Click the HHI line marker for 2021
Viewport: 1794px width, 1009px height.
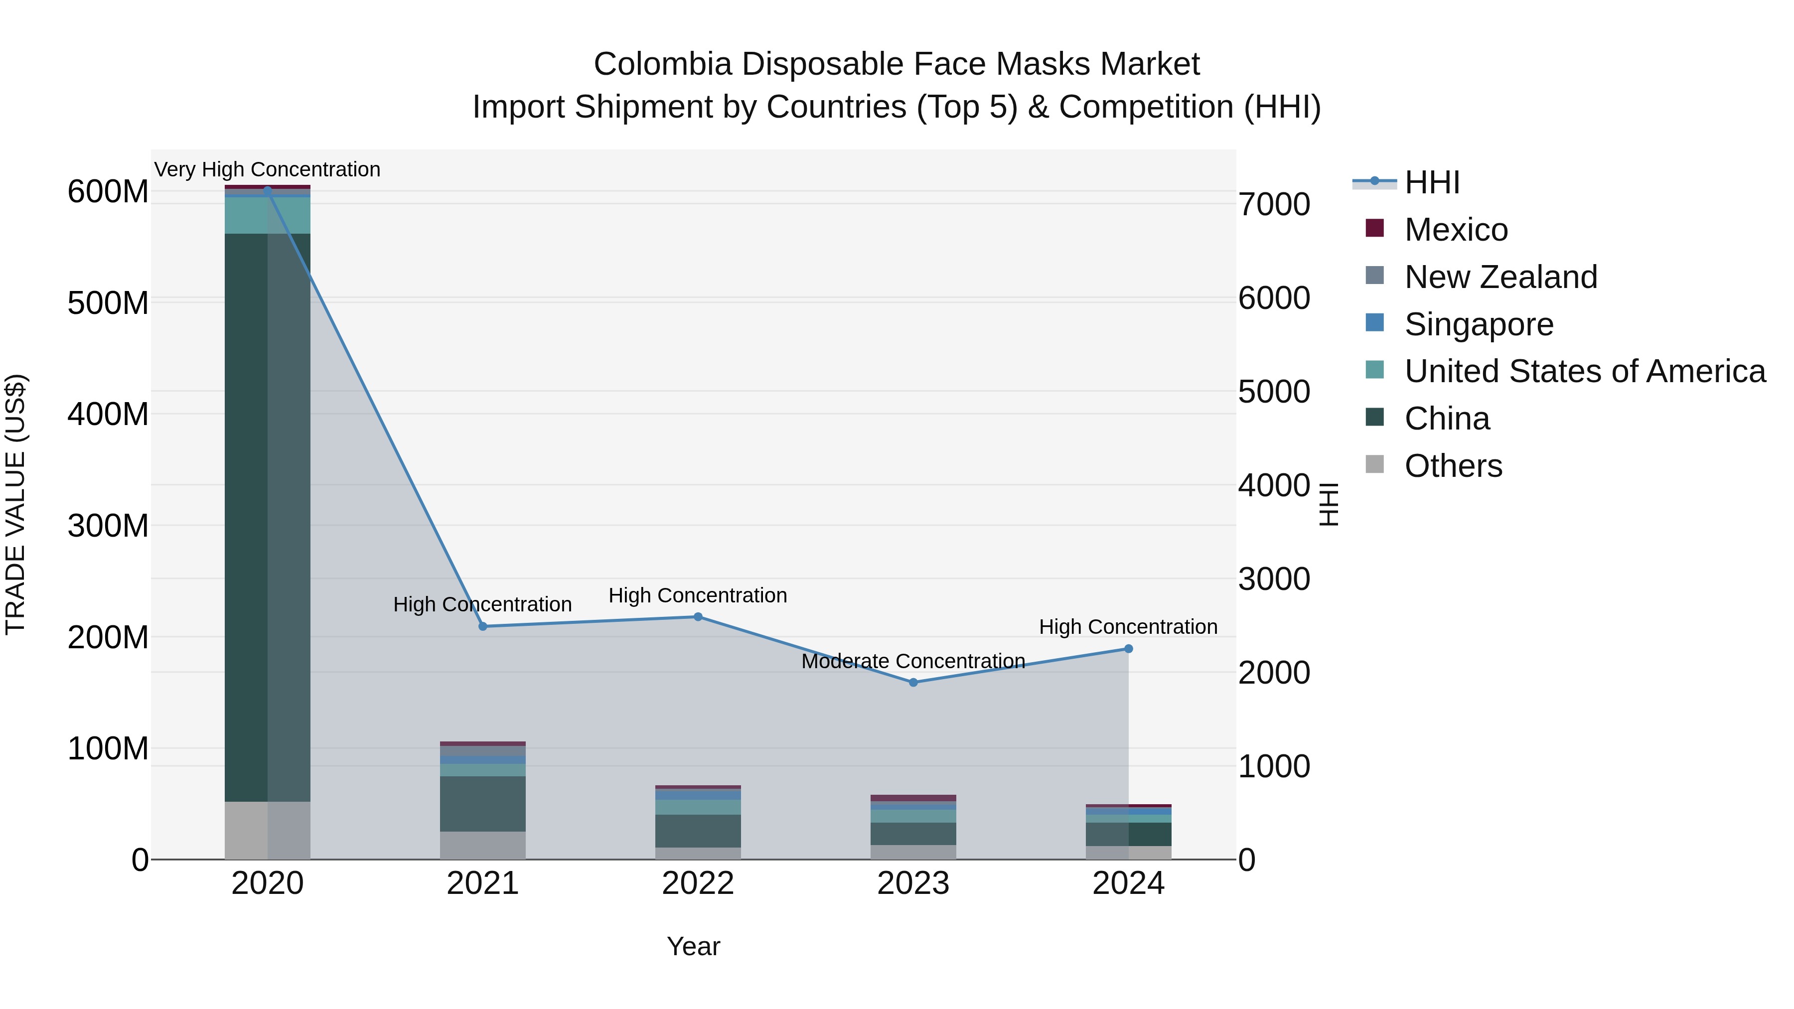tap(482, 626)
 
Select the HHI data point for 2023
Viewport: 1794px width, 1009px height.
tap(913, 683)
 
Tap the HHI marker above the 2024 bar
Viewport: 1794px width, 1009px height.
tap(1128, 649)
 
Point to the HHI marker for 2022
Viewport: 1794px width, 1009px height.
tap(698, 617)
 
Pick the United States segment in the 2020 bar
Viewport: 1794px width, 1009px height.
tap(268, 215)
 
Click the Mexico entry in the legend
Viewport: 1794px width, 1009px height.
tap(1456, 230)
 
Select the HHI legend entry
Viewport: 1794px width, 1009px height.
tap(1432, 182)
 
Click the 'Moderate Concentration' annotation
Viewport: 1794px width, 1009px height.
tap(913, 661)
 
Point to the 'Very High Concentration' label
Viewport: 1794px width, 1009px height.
tap(268, 169)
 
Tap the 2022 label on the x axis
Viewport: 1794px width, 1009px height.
tap(698, 883)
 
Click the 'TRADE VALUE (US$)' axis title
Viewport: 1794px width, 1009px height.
tap(15, 504)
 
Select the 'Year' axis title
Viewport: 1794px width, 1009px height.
tap(693, 946)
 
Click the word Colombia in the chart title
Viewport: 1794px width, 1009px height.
tap(662, 64)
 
